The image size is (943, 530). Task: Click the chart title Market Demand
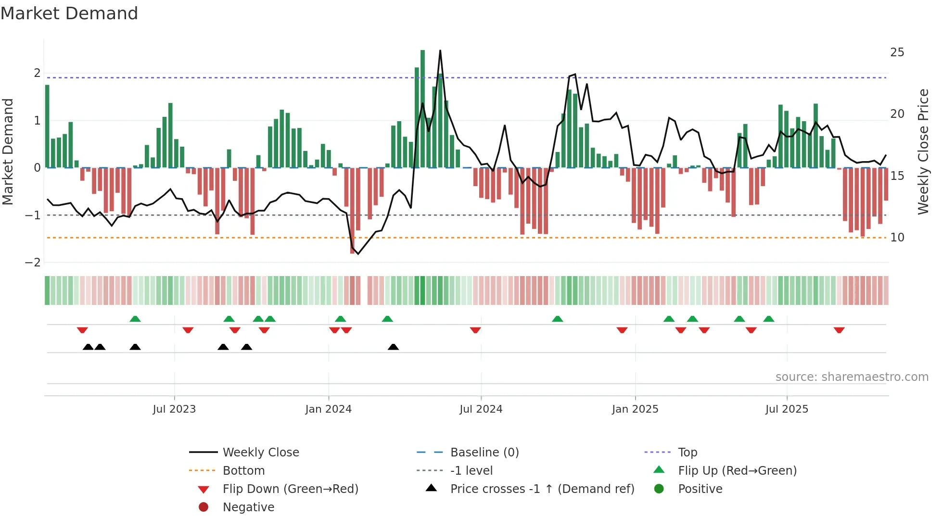(x=69, y=13)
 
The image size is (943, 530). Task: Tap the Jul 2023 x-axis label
(x=174, y=409)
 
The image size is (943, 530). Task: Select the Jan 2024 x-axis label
(x=328, y=409)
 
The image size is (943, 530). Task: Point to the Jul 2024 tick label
(x=481, y=409)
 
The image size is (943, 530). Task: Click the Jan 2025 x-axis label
(x=635, y=409)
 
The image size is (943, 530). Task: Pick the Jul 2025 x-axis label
(x=787, y=409)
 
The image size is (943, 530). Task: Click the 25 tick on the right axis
(x=897, y=52)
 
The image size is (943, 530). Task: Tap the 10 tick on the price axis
(x=897, y=238)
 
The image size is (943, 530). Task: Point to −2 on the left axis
(x=33, y=263)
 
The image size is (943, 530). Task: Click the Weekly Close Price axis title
(x=923, y=151)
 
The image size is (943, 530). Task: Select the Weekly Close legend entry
(x=260, y=453)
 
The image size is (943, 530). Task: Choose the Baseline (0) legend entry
(x=484, y=453)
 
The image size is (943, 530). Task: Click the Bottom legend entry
(x=243, y=471)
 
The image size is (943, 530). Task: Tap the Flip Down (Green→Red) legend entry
(x=290, y=489)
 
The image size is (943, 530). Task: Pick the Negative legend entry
(x=248, y=507)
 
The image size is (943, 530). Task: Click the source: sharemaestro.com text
(x=852, y=377)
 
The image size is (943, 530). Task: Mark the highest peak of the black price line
(x=440, y=51)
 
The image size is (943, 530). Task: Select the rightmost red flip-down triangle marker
(x=839, y=330)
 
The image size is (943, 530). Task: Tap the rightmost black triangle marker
(x=393, y=347)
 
